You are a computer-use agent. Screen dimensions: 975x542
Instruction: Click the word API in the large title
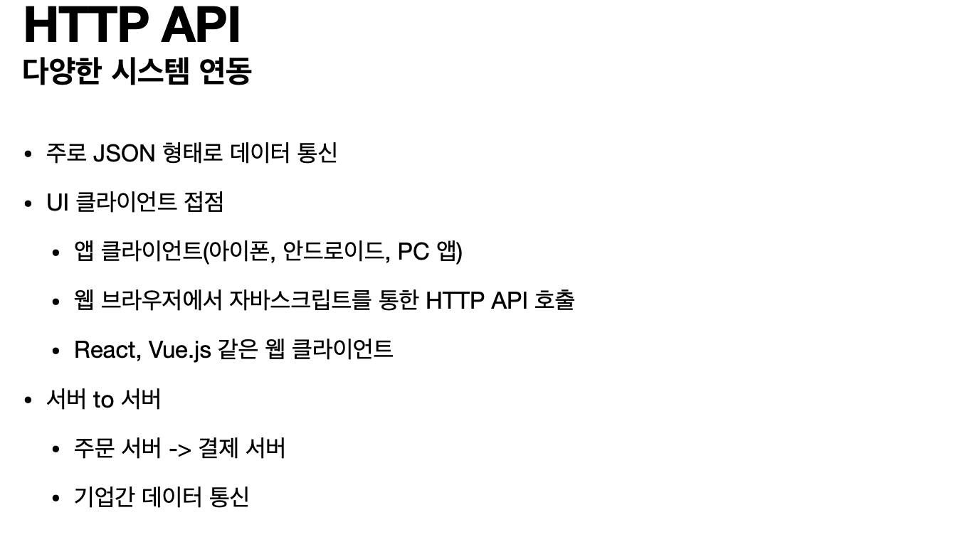point(201,25)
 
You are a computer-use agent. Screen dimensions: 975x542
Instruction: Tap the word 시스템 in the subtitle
point(150,72)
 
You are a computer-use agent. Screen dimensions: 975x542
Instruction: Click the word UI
point(57,203)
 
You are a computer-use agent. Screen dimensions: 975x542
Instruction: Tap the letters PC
point(413,251)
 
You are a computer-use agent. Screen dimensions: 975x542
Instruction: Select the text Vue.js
point(179,350)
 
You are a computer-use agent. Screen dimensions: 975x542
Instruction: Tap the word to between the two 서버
point(103,400)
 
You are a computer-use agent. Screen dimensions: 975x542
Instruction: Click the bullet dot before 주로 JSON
point(28,154)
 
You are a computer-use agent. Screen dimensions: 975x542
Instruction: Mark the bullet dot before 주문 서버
point(56,450)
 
